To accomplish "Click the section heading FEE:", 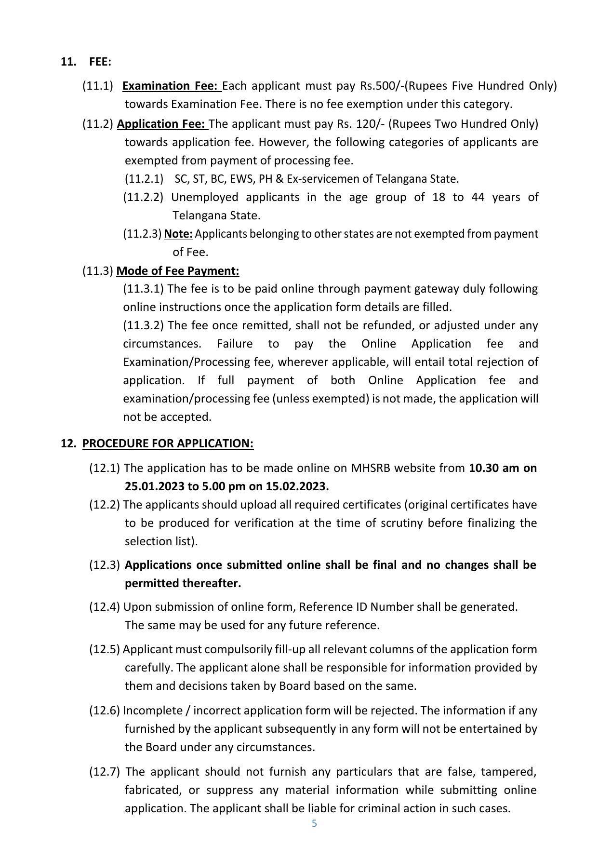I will coord(100,62).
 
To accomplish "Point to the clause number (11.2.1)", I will coord(144,179).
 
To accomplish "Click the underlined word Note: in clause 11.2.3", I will coord(178,234).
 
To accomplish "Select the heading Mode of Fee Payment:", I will coord(177,271).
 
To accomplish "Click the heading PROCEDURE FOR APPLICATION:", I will coord(168,443).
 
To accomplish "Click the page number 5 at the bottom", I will coord(314,823).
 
